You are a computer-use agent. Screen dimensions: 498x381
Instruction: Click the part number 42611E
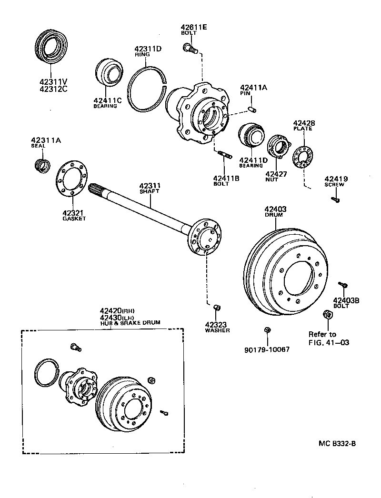pyautogui.click(x=194, y=27)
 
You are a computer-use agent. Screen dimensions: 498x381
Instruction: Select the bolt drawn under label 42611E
pyautogui.click(x=189, y=47)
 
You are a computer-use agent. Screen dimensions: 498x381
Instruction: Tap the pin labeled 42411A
pyautogui.click(x=253, y=110)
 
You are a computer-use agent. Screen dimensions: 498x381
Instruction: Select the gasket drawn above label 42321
pyautogui.click(x=71, y=183)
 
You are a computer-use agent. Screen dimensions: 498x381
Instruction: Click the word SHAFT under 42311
pyautogui.click(x=150, y=191)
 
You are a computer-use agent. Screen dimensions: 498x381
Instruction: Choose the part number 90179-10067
pyautogui.click(x=267, y=349)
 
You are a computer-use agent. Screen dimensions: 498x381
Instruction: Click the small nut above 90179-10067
pyautogui.click(x=267, y=330)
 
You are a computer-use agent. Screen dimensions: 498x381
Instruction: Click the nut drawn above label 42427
pyautogui.click(x=279, y=147)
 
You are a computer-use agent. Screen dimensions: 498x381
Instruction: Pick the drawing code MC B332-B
pyautogui.click(x=337, y=444)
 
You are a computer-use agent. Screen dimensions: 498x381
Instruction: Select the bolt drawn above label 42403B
pyautogui.click(x=342, y=285)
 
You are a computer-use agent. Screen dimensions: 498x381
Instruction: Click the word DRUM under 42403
pyautogui.click(x=274, y=215)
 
